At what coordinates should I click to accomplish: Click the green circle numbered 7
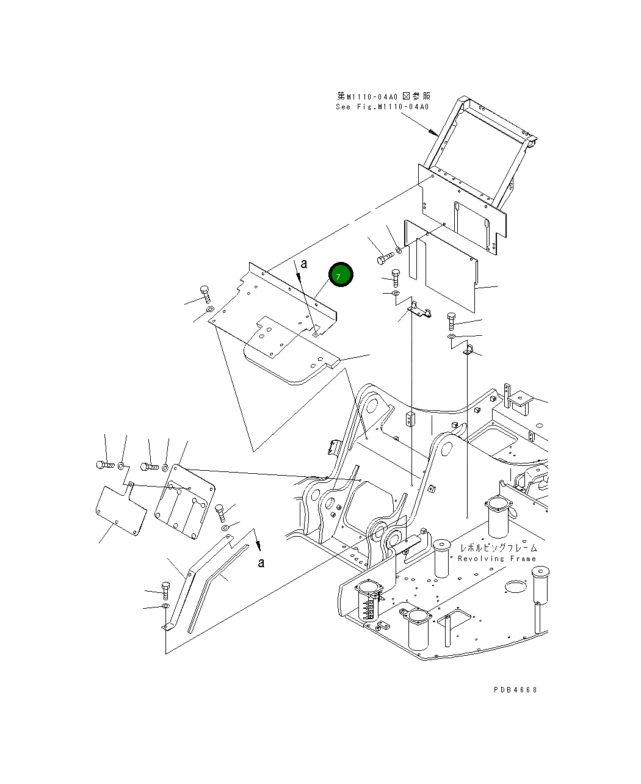pos(341,275)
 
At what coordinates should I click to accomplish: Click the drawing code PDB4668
pos(515,689)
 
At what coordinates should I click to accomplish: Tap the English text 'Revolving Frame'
pos(497,558)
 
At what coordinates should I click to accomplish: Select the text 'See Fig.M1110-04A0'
pos(382,107)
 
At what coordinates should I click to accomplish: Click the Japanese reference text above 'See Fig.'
pos(384,96)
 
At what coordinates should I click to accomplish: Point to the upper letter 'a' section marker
pos(303,264)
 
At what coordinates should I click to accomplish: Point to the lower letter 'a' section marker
pos(261,562)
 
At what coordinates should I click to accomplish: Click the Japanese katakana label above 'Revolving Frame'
pos(498,547)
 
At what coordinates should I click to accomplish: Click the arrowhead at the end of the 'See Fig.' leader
pos(433,132)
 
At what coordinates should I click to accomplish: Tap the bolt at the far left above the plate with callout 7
pos(205,294)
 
